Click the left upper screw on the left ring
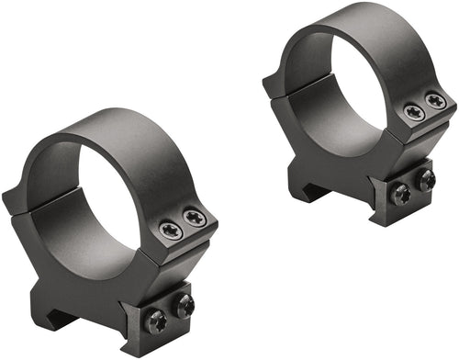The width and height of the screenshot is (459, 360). click(170, 231)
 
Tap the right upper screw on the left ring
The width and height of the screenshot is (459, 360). click(194, 219)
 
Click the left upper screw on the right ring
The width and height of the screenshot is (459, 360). click(414, 112)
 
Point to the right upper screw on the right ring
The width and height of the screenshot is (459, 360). click(435, 101)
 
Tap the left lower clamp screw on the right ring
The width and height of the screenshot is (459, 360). click(400, 194)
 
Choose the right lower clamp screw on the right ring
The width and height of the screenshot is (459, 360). click(425, 180)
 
